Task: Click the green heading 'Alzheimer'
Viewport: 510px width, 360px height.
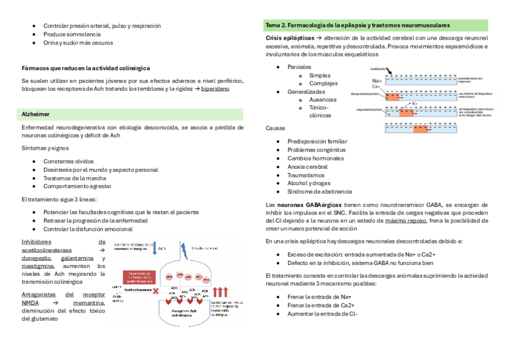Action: tap(35, 114)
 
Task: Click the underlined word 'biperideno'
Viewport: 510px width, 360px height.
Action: tap(215, 88)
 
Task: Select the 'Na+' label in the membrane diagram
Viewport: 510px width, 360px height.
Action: tap(377, 81)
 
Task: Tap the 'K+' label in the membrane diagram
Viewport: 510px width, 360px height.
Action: tap(431, 103)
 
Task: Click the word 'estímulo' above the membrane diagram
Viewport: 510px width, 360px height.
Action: tap(378, 70)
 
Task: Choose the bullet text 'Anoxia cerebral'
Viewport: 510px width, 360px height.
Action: tap(307, 166)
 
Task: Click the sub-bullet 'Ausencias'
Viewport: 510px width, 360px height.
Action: tap(323, 100)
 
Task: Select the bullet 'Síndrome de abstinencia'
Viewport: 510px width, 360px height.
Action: tap(319, 192)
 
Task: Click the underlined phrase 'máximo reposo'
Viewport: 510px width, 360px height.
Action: tap(406, 221)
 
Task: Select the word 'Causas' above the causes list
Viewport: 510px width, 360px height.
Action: tap(275, 128)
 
